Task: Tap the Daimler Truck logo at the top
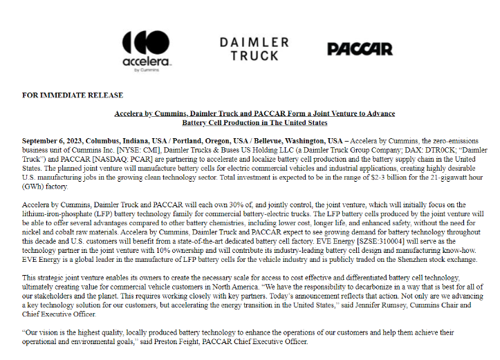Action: tap(250, 48)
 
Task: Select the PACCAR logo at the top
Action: tap(360, 49)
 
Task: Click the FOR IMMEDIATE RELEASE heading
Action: tap(73, 95)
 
